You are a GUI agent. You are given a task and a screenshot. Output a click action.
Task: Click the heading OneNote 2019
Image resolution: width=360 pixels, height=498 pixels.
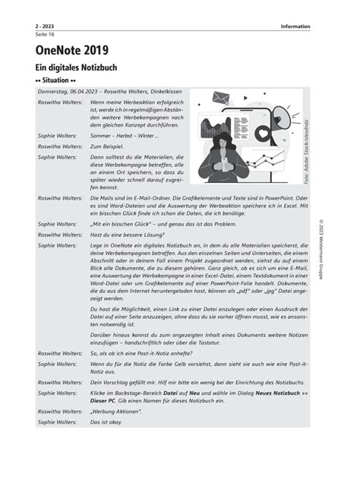click(72, 50)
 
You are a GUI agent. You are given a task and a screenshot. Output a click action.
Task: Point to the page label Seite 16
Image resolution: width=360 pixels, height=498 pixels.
click(45, 35)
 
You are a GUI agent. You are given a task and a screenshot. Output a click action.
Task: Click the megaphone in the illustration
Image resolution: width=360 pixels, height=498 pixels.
click(281, 115)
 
